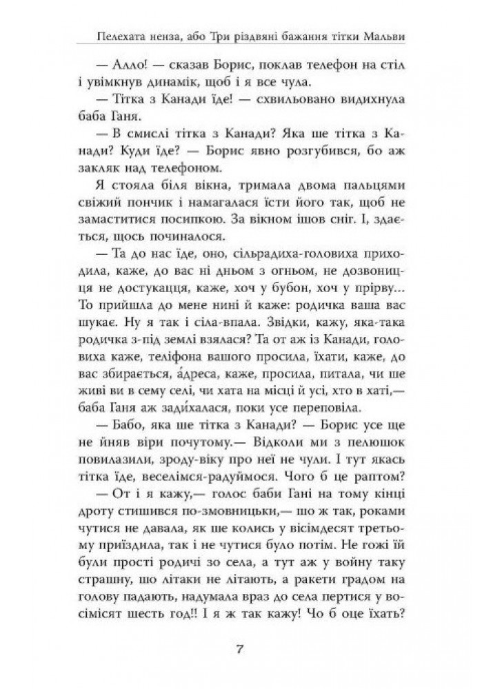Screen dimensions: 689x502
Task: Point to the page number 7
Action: [x=251, y=648]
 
